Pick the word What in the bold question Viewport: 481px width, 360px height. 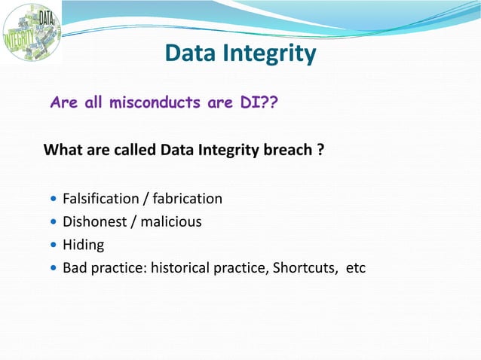point(61,150)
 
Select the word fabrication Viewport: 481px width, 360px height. point(188,199)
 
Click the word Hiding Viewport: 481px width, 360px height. point(83,244)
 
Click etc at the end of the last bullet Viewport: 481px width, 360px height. point(355,267)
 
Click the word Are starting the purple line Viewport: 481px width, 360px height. point(63,102)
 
